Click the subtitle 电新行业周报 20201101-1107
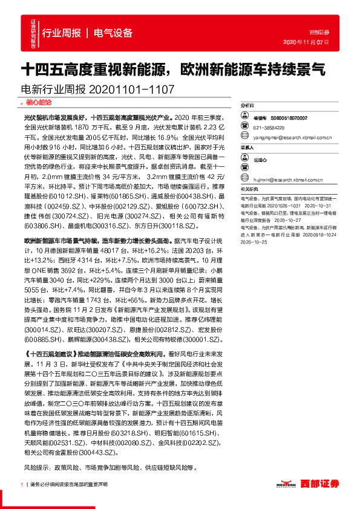97,89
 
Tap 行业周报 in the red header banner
62,33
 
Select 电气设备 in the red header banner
113,33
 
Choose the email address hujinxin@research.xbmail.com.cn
289,180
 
